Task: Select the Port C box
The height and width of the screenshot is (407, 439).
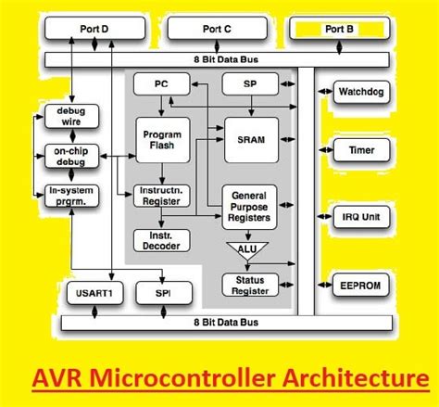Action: (215, 30)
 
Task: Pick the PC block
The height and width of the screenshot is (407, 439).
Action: (161, 84)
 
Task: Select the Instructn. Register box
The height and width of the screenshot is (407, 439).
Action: (162, 196)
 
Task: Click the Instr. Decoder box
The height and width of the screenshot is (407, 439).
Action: (162, 240)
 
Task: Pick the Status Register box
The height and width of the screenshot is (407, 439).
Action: (250, 284)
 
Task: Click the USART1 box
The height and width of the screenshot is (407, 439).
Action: (93, 295)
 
